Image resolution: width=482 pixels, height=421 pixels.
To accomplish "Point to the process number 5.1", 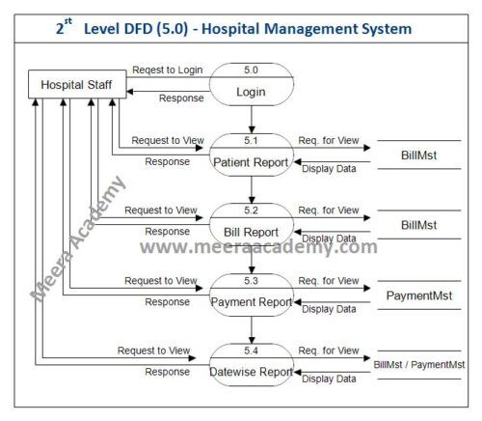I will [x=251, y=140].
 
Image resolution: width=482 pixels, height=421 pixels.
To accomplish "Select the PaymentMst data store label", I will [x=419, y=294].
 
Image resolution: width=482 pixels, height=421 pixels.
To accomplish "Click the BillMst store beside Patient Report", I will [x=419, y=154].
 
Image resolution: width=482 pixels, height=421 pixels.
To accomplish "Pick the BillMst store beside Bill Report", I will [x=419, y=224].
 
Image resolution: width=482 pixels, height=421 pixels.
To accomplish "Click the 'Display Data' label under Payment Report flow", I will [x=329, y=309].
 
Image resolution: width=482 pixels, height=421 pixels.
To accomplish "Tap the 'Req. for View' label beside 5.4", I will [x=329, y=350].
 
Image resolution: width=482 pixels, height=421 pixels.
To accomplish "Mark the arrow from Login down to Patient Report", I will [x=251, y=120].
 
